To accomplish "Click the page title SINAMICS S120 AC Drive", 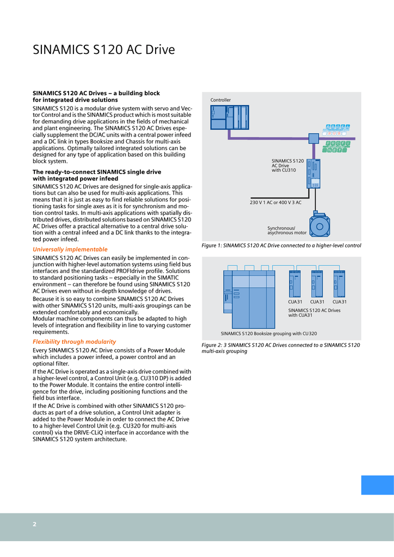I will pos(104,50).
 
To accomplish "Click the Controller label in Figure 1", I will pos(220,100).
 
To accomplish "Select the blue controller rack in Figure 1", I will pos(229,117).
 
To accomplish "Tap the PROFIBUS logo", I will pos(337,129).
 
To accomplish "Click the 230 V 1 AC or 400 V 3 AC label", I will pos(275,202).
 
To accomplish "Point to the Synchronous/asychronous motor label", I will pos(287,231).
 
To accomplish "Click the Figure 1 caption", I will pos(281,246).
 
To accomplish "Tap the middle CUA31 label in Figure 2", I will pos(317,302).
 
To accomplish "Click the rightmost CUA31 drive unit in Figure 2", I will pos(340,283).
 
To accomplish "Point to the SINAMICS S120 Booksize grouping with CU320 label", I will pos(268,333).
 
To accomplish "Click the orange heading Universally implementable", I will pos(70,249).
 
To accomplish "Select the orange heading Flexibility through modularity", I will pos(74,342).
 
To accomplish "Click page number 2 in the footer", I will pos(34,524).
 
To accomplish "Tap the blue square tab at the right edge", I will pos(377,485).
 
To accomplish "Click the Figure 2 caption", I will pos(280,348).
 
